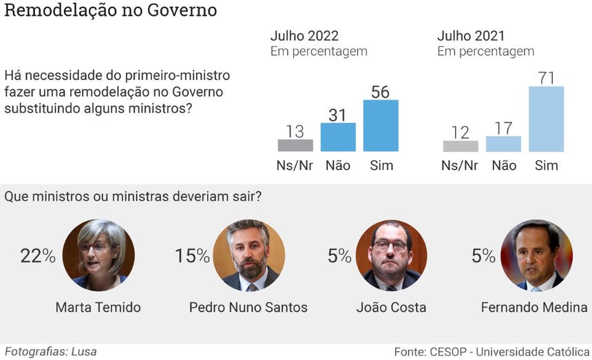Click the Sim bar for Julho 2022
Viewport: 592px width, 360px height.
(x=381, y=126)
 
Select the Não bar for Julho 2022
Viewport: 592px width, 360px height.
(x=338, y=137)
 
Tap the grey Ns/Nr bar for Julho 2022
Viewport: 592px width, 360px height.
(x=295, y=145)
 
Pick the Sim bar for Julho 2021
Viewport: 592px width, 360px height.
(x=546, y=119)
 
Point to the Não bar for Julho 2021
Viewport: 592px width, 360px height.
(x=503, y=143)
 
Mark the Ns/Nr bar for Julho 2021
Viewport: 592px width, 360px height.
(x=461, y=146)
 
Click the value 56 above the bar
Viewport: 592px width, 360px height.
(x=381, y=92)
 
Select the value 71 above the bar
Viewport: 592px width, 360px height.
(x=546, y=78)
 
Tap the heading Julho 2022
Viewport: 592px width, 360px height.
(x=304, y=36)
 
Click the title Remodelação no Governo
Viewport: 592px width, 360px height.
(x=111, y=11)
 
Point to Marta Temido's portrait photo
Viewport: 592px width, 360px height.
(x=95, y=255)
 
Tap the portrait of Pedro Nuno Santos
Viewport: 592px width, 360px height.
(x=249, y=255)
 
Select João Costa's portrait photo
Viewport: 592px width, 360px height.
(x=391, y=255)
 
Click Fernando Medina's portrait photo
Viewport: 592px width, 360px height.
(x=536, y=255)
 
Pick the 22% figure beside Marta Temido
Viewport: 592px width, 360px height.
(x=38, y=257)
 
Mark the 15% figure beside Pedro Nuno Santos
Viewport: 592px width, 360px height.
(x=192, y=257)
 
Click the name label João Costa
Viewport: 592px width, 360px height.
(x=391, y=307)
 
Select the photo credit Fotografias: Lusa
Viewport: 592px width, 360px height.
(x=50, y=351)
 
